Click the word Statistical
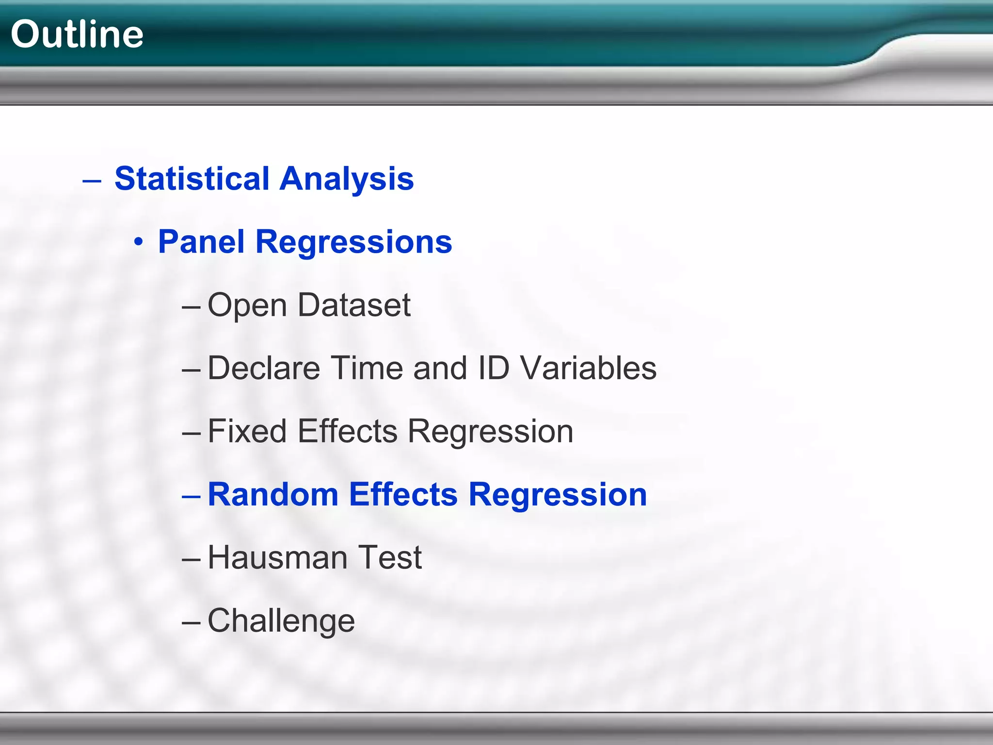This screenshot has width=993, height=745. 192,178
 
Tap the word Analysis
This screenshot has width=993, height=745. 347,178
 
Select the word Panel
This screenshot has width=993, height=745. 201,242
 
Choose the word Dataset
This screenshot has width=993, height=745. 354,305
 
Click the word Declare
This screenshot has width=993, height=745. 264,368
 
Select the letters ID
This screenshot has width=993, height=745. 494,368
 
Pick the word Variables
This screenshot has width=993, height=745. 589,368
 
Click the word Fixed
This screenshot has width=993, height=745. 247,431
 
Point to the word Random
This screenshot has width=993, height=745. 273,494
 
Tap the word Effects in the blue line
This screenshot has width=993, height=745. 403,494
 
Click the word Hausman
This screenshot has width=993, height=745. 277,557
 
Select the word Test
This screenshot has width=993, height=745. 389,557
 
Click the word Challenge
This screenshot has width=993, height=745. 281,621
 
